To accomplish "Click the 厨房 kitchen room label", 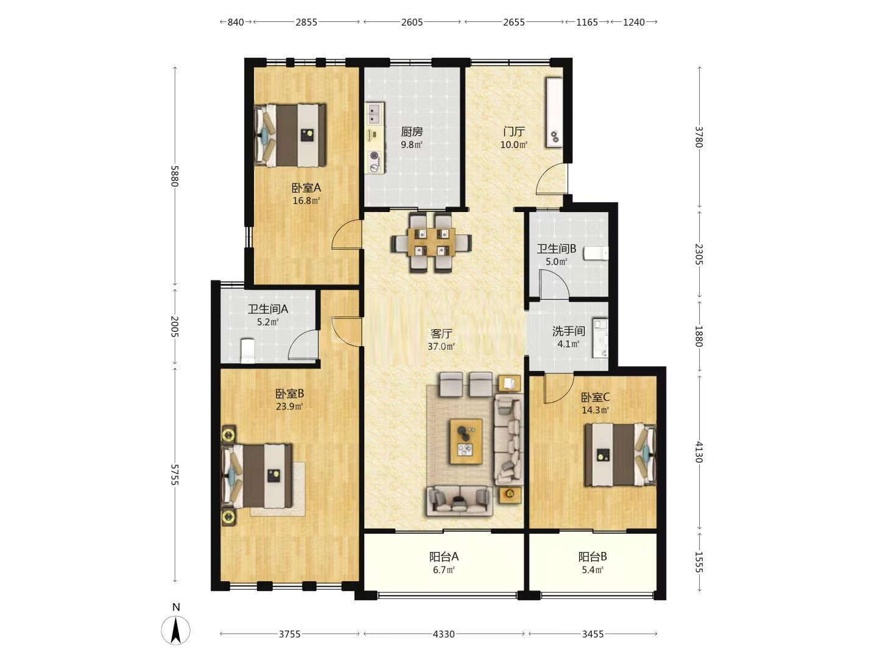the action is (x=412, y=132).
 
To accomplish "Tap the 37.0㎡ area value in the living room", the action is (x=441, y=347).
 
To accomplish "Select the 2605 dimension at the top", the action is (x=412, y=22).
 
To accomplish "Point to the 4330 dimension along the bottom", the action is (x=444, y=634).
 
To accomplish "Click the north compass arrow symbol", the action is (x=176, y=631).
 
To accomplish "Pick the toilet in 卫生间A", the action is (x=248, y=351).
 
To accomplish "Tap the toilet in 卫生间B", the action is (x=596, y=253).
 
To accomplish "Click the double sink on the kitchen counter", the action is (x=375, y=114).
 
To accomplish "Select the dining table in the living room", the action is (x=432, y=242).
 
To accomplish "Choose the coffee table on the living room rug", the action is (x=467, y=442).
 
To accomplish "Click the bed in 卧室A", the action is (x=291, y=135).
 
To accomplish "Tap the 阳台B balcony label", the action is (x=593, y=556).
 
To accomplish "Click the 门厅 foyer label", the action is (x=514, y=132).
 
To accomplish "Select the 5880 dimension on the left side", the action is (x=175, y=176).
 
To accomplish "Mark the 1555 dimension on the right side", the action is (x=699, y=562).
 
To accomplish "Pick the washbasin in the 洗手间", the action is (x=600, y=338).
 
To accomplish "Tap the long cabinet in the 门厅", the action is (x=555, y=113).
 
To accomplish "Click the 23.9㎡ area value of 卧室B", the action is (x=289, y=407).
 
